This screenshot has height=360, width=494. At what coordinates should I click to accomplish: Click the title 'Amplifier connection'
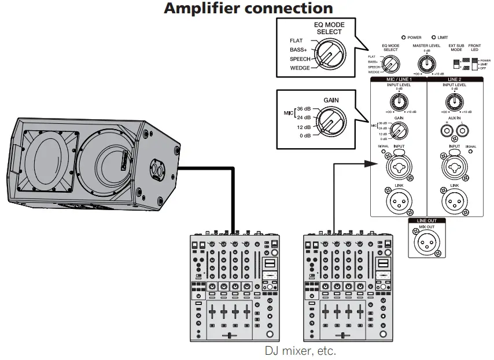248,9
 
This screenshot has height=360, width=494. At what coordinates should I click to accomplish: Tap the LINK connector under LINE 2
455,201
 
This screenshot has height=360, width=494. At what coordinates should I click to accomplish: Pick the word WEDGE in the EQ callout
300,68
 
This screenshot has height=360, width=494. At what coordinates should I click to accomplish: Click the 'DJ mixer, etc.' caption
300,351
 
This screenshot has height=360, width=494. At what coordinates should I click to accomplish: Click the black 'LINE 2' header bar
455,79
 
